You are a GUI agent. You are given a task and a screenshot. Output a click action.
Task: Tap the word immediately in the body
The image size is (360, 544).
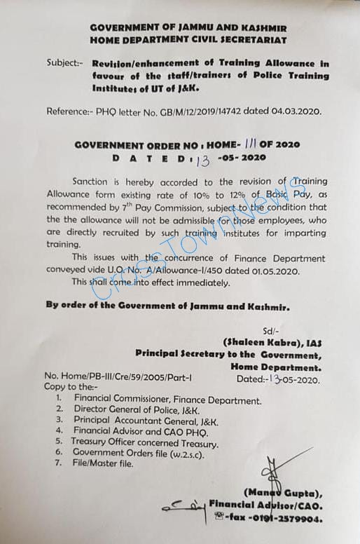[200, 283]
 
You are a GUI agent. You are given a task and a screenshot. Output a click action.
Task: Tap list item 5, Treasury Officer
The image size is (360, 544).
[144, 443]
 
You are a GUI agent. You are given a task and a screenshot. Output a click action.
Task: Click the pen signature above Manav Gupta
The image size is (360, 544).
[271, 470]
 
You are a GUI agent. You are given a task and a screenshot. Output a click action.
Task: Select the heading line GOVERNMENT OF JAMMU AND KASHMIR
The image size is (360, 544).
[188, 27]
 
